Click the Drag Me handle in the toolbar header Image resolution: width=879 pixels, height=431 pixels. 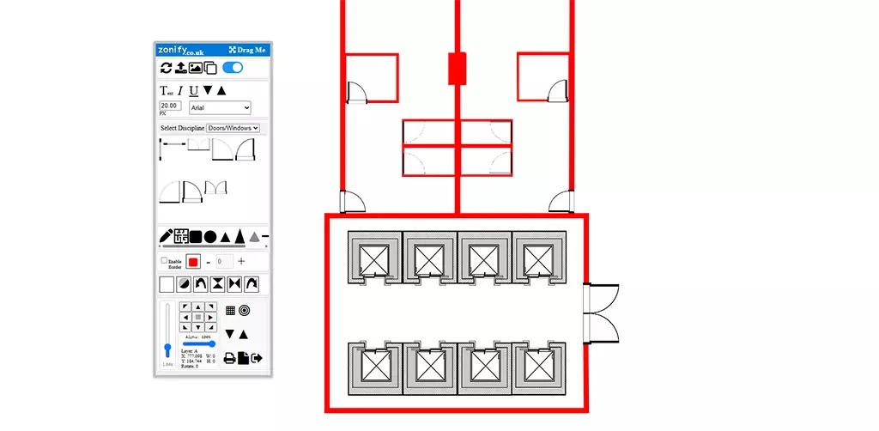(x=247, y=50)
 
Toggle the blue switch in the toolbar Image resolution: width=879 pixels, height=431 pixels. (x=232, y=68)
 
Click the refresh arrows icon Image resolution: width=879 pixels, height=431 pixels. (x=167, y=68)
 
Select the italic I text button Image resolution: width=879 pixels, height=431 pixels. (x=180, y=90)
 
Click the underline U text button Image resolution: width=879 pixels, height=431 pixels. (x=193, y=90)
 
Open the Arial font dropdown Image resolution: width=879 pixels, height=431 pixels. (x=220, y=107)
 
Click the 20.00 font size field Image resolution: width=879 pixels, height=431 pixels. (x=170, y=106)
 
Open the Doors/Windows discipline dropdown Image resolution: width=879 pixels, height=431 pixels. (x=233, y=128)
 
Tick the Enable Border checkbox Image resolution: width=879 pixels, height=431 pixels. (x=164, y=260)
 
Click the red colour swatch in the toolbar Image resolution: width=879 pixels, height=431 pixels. (x=194, y=261)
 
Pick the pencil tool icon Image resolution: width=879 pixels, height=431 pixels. (x=167, y=236)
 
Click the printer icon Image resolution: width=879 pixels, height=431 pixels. (x=230, y=358)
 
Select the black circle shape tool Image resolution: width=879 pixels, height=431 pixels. (x=210, y=236)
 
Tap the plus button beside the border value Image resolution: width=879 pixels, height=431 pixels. (x=241, y=261)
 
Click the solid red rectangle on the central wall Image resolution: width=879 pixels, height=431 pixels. (x=457, y=69)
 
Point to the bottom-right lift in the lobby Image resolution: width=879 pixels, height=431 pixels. (x=539, y=367)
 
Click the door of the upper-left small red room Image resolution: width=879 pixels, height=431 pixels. (x=358, y=92)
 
